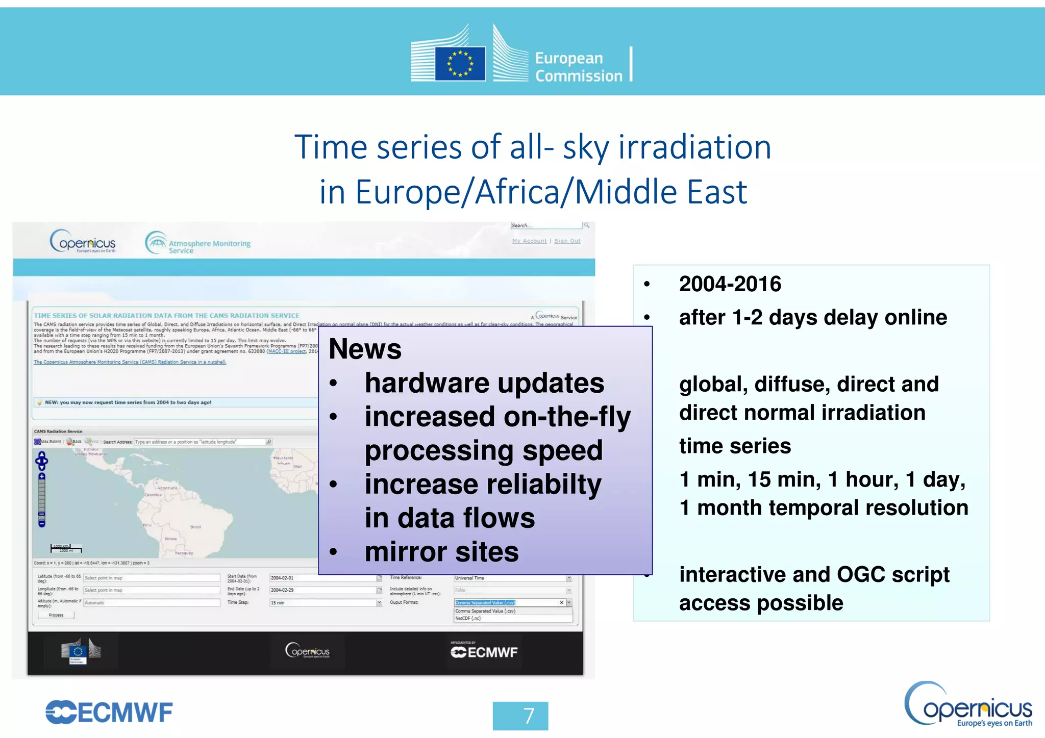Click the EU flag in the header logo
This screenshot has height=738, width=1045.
460,64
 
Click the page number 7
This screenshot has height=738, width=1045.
520,716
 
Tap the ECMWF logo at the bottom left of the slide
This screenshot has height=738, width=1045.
109,712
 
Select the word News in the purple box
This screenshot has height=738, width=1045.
365,349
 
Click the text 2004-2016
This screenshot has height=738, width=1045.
730,284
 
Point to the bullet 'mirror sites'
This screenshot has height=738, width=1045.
441,552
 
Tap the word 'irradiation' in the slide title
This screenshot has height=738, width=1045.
694,147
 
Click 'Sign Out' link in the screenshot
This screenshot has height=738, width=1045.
567,241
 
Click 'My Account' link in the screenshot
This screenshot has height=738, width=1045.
529,241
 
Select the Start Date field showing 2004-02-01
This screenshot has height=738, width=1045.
322,578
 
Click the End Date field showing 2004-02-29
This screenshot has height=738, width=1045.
322,590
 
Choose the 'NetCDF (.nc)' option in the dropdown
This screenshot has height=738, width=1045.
468,618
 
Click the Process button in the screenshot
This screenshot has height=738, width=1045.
56,615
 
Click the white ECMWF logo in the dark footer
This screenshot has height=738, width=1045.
484,652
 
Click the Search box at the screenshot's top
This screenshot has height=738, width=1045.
545,225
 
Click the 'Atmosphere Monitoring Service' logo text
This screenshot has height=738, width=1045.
209,247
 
